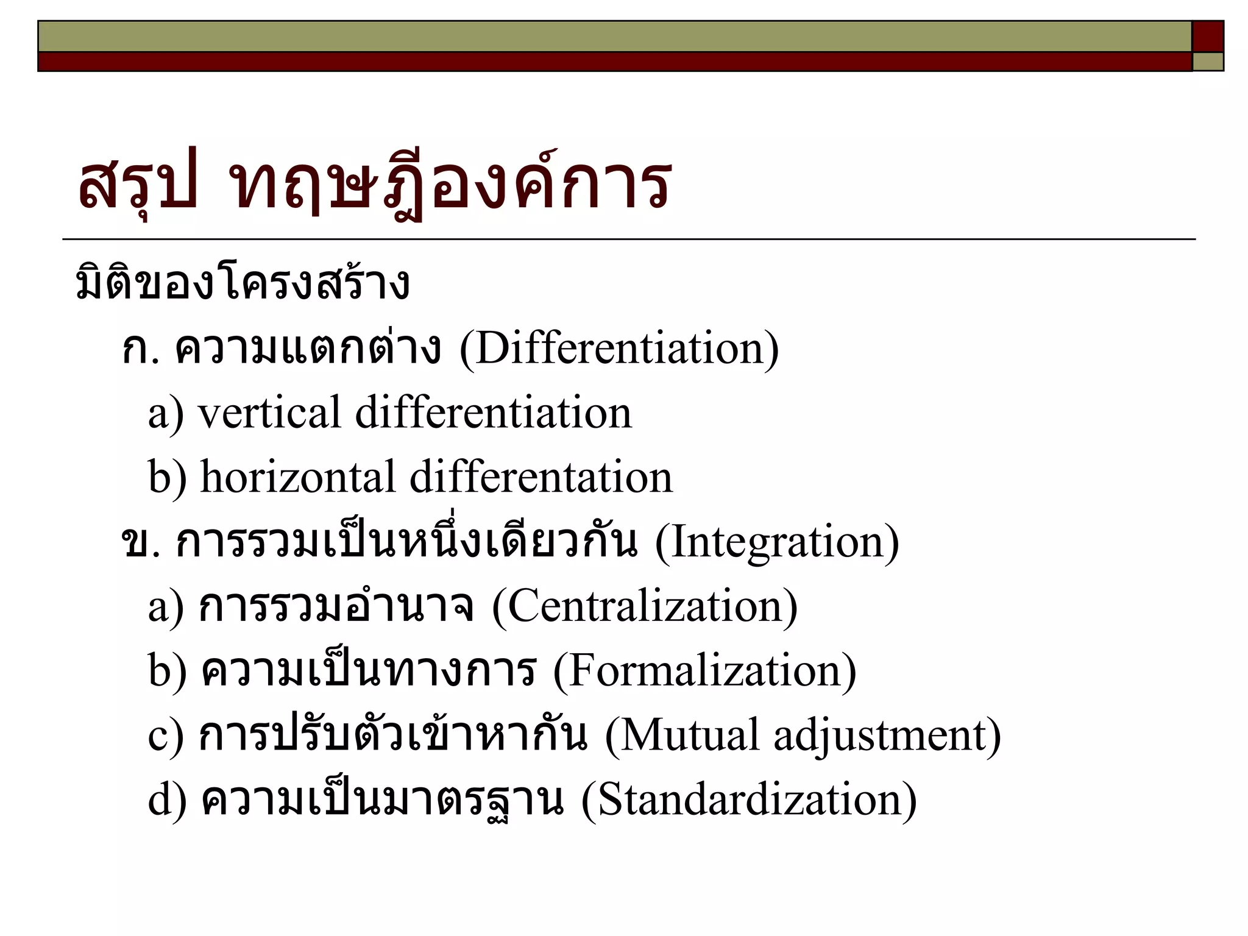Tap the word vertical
(269, 413)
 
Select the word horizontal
(298, 477)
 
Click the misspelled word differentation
(541, 477)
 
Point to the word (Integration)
(776, 542)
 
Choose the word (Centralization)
(644, 606)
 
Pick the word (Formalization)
(704, 671)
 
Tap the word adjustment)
(887, 735)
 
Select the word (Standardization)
(749, 799)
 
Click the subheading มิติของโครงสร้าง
(242, 284)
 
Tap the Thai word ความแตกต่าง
(308, 349)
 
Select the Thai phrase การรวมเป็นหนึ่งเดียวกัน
(406, 542)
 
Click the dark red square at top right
(1208, 36)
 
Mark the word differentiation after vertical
(494, 413)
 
